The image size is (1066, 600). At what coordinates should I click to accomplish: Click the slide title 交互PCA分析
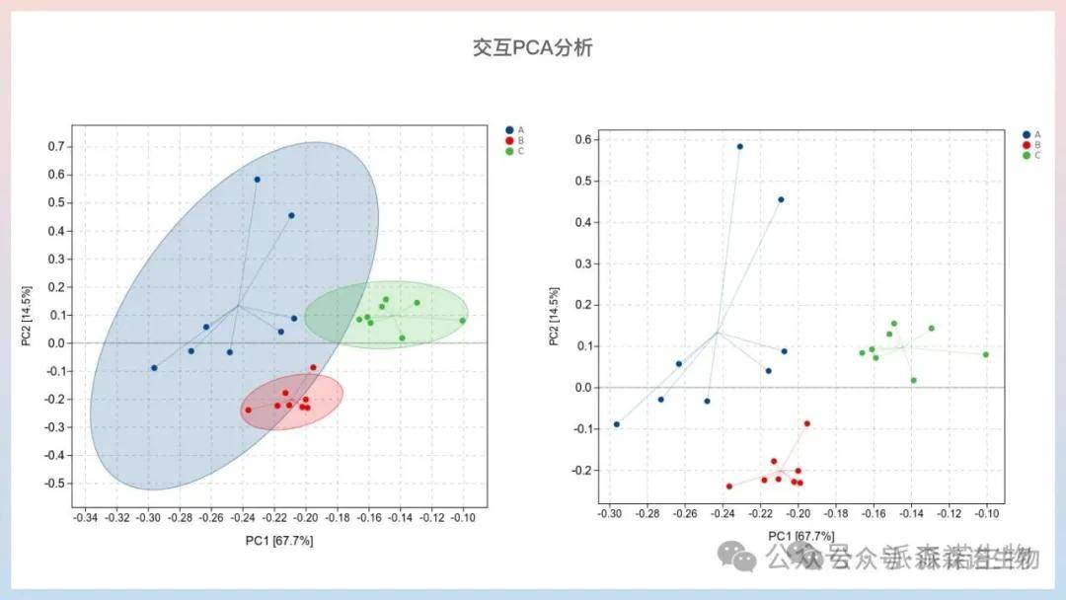(532, 47)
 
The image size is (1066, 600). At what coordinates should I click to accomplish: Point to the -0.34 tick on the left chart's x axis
(86, 517)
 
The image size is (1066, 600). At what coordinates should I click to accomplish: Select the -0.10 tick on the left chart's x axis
(463, 517)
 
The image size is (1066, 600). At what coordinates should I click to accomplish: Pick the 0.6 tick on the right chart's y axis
(582, 140)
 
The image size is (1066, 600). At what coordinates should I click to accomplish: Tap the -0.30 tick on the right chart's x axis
(611, 514)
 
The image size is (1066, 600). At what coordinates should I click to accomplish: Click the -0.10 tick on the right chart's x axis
(986, 514)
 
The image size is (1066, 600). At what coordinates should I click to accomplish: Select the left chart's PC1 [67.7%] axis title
(279, 541)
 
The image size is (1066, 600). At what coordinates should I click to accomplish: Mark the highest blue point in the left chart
(258, 180)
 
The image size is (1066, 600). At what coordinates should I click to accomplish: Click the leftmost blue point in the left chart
(154, 368)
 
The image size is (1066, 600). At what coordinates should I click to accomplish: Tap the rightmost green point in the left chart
(462, 320)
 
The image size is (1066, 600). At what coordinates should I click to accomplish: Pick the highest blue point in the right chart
(740, 146)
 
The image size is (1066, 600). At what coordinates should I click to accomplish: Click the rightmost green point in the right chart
(985, 354)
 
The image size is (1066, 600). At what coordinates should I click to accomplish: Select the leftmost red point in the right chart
(729, 486)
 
